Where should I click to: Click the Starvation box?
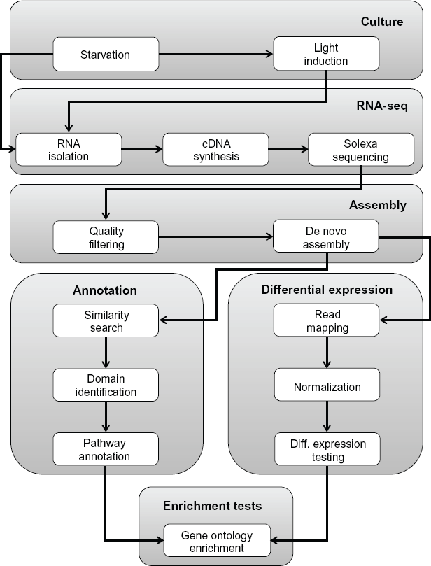(x=106, y=54)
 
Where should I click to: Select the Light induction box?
(x=326, y=53)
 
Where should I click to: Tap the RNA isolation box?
(x=69, y=150)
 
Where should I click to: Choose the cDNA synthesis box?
(x=216, y=150)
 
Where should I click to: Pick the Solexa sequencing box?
(x=361, y=150)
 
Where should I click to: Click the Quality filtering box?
(x=106, y=237)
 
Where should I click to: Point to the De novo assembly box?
(x=326, y=236)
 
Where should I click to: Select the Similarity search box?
(x=106, y=320)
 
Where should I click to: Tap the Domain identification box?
(x=106, y=385)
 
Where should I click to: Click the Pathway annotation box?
(x=106, y=449)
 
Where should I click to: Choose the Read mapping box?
(x=326, y=320)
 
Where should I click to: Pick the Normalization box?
(x=327, y=385)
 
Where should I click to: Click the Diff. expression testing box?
(x=327, y=449)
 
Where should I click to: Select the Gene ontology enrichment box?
(x=217, y=540)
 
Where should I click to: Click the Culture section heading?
(x=382, y=22)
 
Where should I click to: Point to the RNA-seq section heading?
(x=382, y=106)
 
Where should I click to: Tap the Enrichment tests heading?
(x=212, y=506)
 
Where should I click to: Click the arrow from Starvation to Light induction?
(x=216, y=54)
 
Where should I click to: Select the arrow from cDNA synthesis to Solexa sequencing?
(x=288, y=149)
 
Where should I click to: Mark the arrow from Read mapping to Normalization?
(x=327, y=353)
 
